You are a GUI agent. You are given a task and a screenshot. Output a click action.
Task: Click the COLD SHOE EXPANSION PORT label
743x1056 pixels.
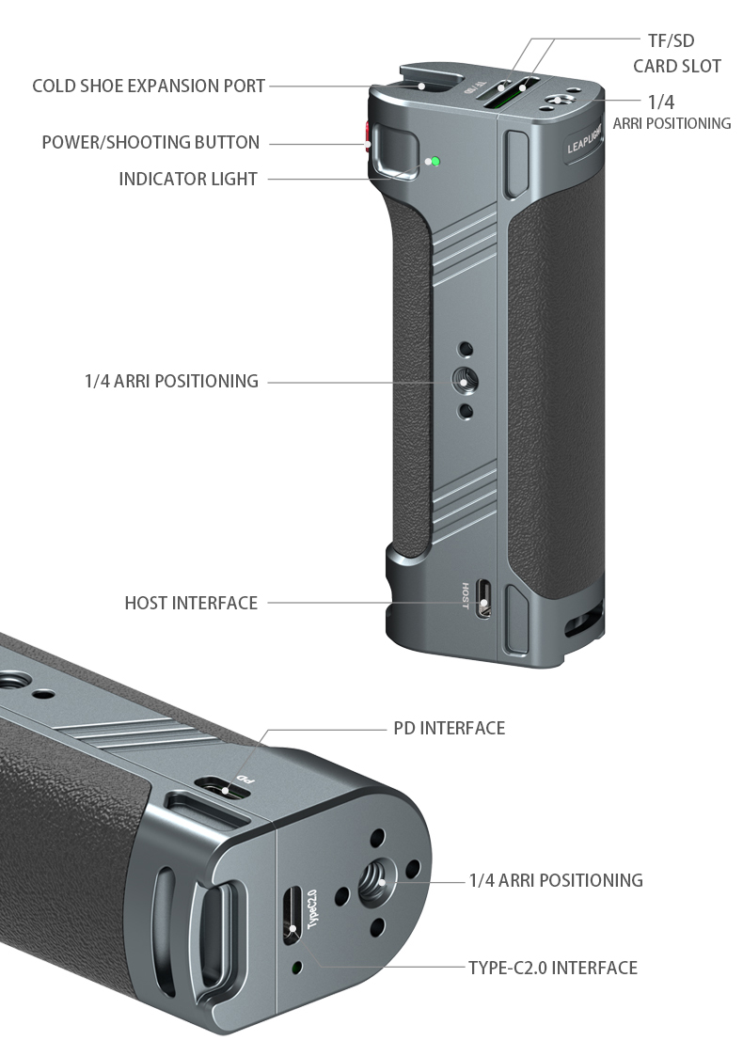pos(149,87)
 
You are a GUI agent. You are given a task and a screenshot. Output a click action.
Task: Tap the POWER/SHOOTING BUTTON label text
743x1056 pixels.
pos(150,143)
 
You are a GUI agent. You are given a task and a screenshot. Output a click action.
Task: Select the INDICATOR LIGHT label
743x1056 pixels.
pos(188,180)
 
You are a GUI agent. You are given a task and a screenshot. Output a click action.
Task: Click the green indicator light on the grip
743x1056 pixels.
pos(435,162)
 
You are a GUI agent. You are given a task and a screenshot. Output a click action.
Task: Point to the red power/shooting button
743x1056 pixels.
pos(368,136)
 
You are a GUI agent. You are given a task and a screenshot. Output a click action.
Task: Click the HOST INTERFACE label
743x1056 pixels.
pos(191,603)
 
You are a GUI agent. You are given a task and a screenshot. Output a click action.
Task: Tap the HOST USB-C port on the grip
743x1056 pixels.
pos(483,599)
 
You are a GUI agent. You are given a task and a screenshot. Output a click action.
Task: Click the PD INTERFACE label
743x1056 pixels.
pos(450,728)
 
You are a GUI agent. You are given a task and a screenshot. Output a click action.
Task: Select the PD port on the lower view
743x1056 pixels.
pos(222,788)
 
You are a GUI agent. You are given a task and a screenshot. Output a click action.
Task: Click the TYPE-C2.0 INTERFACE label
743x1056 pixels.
pos(553,968)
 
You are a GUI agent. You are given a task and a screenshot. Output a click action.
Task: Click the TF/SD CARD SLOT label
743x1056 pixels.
pos(677,54)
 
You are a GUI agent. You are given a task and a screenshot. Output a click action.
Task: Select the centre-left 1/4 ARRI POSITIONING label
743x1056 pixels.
pos(171,381)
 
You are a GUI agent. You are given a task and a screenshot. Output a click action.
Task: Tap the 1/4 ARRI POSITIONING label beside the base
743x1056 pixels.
pos(556,880)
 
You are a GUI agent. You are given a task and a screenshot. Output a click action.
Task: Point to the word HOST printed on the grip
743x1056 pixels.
pos(466,596)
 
